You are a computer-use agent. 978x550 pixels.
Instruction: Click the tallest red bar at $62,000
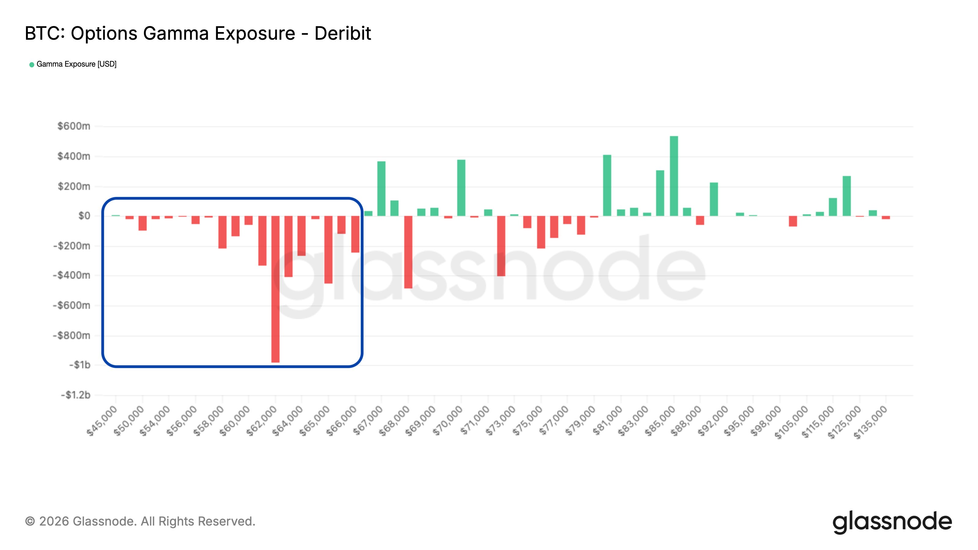[x=275, y=288]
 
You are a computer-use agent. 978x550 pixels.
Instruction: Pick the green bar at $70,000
[x=461, y=188]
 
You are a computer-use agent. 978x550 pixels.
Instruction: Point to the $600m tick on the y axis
[x=74, y=126]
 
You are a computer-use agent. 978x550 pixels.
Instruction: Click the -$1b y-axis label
[x=79, y=365]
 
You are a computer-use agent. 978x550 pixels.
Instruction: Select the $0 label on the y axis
[x=84, y=216]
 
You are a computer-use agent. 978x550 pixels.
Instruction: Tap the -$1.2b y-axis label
[x=75, y=395]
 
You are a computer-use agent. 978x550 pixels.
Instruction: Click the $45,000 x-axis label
[x=102, y=421]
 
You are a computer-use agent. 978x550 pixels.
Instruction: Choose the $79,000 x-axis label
[x=580, y=421]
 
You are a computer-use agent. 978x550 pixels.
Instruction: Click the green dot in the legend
[x=32, y=64]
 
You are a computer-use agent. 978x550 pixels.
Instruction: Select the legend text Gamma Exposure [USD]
[x=76, y=64]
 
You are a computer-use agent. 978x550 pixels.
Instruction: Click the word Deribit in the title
[x=342, y=33]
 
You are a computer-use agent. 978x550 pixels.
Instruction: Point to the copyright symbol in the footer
[x=30, y=521]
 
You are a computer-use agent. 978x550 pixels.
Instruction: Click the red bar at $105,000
[x=793, y=221]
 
